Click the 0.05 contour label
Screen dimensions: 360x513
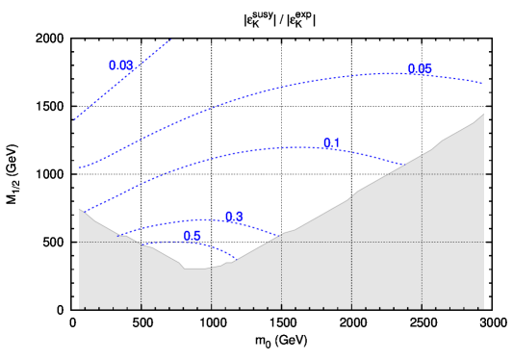click(x=420, y=69)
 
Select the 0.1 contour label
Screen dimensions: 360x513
click(x=331, y=143)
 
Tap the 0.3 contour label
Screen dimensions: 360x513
click(x=234, y=217)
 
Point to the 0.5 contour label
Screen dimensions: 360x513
click(x=192, y=236)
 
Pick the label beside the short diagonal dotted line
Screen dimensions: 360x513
click(x=121, y=65)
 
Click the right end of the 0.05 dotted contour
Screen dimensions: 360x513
click(x=483, y=84)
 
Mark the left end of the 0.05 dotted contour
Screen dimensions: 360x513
click(x=79, y=168)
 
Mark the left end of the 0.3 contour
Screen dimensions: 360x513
click(x=119, y=234)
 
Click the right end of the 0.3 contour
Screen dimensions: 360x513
click(x=280, y=236)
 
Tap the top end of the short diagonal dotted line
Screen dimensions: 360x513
click(x=170, y=39)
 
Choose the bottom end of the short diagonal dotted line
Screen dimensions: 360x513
click(x=75, y=120)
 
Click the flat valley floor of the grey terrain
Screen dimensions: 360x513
click(x=197, y=269)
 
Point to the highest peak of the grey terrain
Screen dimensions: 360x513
click(x=483, y=115)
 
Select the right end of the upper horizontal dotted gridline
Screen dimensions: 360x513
click(x=482, y=174)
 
